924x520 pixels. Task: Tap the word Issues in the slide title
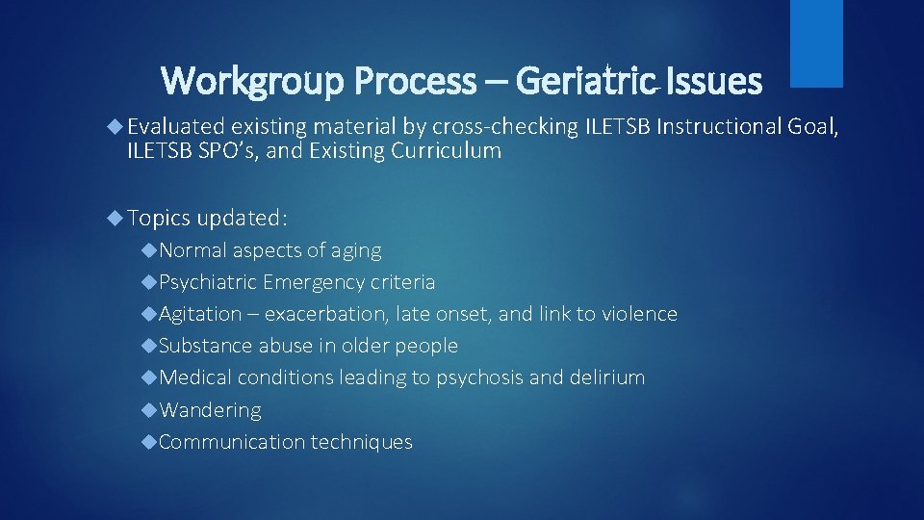[x=713, y=81]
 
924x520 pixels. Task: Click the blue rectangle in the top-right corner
[x=816, y=42]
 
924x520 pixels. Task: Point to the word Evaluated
[x=175, y=126]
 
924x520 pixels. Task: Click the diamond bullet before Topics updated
[x=115, y=218]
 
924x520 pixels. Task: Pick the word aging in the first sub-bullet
[x=357, y=250]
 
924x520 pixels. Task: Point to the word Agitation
[x=200, y=314]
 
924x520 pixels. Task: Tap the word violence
[x=639, y=314]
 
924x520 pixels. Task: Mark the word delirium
[x=606, y=377]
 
